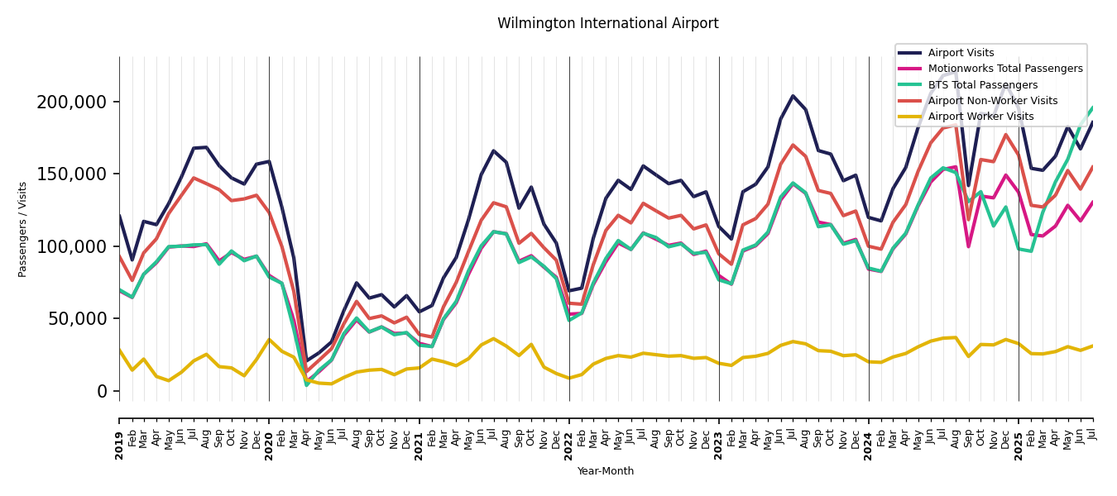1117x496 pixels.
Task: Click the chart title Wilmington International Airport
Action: point(607,24)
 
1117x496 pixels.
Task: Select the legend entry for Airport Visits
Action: point(961,53)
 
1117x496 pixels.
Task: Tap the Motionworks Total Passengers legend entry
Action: point(1004,69)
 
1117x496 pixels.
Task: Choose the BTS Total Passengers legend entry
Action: point(982,85)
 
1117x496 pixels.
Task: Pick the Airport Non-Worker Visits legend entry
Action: point(992,101)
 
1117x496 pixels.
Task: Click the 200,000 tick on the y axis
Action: point(72,103)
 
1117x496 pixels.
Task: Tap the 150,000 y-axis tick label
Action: point(72,174)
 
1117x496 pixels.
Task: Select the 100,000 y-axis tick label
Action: point(72,246)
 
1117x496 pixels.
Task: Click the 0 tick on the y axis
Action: point(103,391)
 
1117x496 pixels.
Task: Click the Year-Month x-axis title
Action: point(606,471)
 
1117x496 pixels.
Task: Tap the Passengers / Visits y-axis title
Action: point(23,229)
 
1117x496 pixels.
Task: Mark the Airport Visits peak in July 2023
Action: point(793,96)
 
